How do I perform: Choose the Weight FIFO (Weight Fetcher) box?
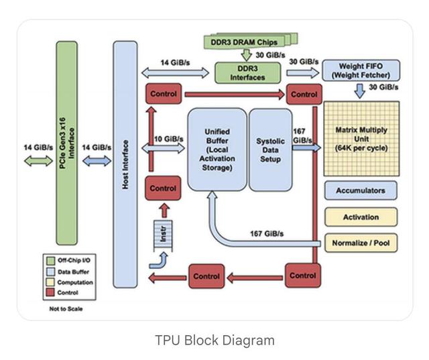click(x=361, y=70)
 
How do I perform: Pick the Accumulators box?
click(x=361, y=190)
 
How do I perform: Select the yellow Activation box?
click(x=361, y=217)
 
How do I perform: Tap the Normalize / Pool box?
click(x=361, y=243)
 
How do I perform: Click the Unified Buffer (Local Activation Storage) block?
click(x=217, y=149)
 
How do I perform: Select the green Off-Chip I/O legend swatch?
click(x=52, y=260)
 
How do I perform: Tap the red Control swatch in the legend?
click(x=52, y=292)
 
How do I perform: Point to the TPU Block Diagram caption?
click(x=214, y=340)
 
